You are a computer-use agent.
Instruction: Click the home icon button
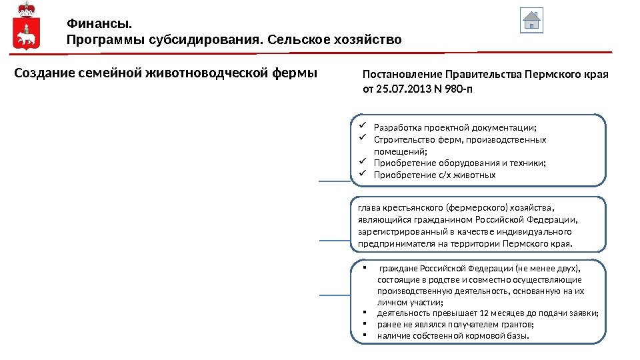click(531, 20)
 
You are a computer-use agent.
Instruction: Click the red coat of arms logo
click(26, 26)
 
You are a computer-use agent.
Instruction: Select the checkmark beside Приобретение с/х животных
click(363, 175)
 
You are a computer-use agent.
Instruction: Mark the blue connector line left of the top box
click(333, 181)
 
